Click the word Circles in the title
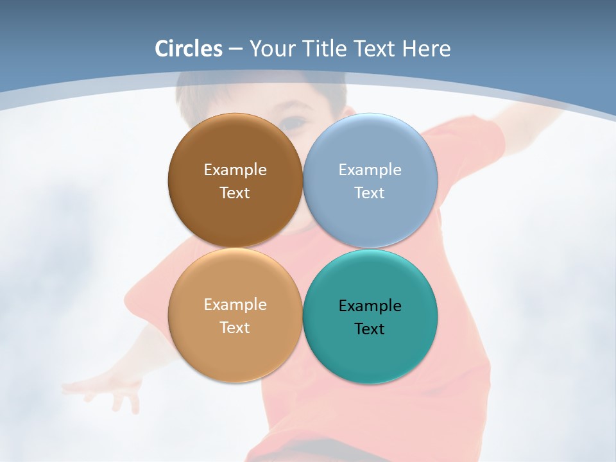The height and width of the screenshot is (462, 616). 189,49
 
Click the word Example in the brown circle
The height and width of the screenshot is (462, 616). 235,170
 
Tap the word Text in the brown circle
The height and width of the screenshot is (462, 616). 235,193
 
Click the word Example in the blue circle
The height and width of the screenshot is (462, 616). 370,170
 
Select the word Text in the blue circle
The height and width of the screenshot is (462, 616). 370,193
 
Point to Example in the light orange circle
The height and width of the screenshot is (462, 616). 235,305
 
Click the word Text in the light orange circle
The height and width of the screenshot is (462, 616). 235,328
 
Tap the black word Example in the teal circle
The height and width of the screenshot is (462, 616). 370,306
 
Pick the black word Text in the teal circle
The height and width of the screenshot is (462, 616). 370,329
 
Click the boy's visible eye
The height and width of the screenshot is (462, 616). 295,122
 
